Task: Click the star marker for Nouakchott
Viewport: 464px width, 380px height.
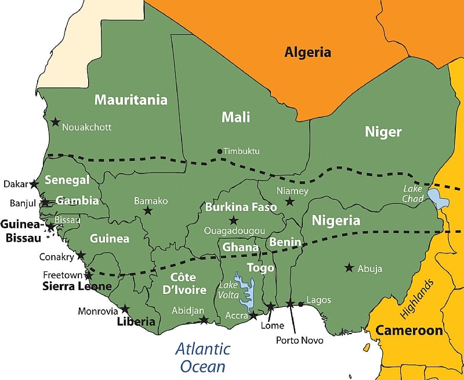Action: click(x=55, y=122)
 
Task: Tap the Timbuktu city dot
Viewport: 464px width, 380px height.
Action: click(x=219, y=152)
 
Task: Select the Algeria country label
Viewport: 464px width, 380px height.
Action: click(x=307, y=52)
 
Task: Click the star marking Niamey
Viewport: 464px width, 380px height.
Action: click(x=289, y=202)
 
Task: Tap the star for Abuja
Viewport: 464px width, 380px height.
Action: click(x=349, y=268)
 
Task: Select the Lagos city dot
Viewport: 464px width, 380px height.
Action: click(x=300, y=304)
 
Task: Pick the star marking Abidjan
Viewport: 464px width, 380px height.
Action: click(x=204, y=320)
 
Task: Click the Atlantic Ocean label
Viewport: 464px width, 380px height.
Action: click(x=202, y=357)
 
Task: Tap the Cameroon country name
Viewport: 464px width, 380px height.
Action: click(x=409, y=331)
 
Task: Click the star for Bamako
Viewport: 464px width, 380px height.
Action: click(x=148, y=211)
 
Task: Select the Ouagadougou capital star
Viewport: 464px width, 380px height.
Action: click(x=233, y=220)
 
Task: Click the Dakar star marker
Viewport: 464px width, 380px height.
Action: click(x=34, y=184)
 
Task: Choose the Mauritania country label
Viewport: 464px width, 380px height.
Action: click(x=130, y=100)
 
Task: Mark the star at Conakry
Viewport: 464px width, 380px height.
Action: click(x=81, y=255)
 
